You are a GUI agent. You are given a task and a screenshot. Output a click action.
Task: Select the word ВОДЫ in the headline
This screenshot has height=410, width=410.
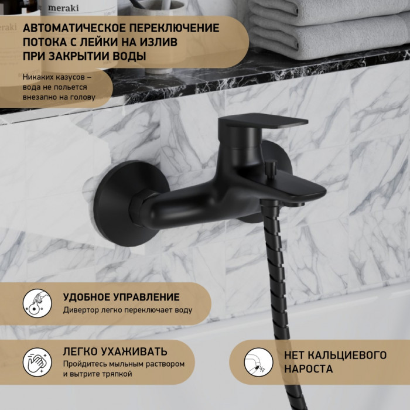click(x=129, y=56)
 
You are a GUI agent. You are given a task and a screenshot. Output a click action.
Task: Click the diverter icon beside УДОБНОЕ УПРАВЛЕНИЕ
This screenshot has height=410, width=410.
click(x=37, y=303)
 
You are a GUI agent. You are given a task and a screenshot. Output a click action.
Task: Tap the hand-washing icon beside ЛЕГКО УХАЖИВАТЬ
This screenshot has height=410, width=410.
click(x=37, y=362)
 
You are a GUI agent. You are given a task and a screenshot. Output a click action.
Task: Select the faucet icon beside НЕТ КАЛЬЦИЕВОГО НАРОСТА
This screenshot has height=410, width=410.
click(x=258, y=362)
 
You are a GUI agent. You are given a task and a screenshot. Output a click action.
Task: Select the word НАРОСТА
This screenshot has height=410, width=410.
click(x=309, y=369)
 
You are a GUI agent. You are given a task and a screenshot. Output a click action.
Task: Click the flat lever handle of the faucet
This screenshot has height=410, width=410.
click(x=263, y=121)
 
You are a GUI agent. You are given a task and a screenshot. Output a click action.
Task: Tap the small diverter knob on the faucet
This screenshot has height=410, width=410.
click(x=270, y=168)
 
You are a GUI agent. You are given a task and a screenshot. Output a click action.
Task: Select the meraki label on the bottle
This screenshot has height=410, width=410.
click(x=63, y=8)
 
